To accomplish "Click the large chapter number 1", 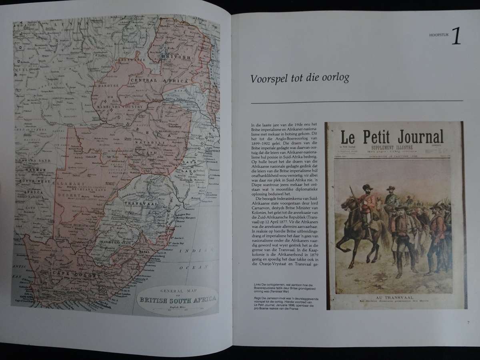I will point(456,36).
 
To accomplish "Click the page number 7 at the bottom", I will point(467,323).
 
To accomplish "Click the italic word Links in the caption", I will point(257,285).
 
